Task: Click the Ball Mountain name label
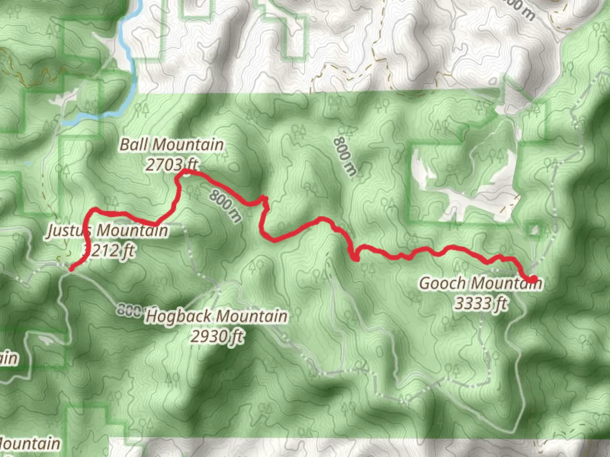click(x=172, y=145)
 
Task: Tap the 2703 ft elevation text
click(x=172, y=165)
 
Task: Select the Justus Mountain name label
click(x=108, y=231)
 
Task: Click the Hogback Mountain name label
click(x=216, y=317)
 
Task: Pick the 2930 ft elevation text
click(x=217, y=337)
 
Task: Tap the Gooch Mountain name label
click(x=480, y=283)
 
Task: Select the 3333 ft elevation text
click(x=481, y=303)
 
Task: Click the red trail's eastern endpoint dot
click(x=532, y=279)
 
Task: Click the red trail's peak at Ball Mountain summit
click(x=185, y=172)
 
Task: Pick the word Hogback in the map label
click(x=178, y=317)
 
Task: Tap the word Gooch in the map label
click(x=442, y=283)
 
